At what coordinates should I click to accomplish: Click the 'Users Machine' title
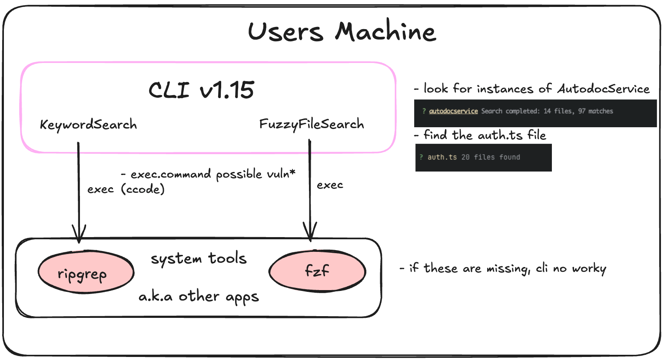pos(342,32)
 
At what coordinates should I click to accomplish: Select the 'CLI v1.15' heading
pos(201,90)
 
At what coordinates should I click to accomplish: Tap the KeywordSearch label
pos(88,125)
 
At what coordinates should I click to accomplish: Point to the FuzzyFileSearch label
pos(312,125)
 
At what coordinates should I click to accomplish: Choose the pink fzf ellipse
pos(317,271)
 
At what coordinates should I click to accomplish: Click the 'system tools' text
pos(199,259)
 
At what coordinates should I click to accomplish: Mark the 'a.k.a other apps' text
pos(199,297)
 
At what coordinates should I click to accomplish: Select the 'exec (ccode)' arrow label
pos(126,189)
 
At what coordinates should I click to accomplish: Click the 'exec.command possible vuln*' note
pos(209,174)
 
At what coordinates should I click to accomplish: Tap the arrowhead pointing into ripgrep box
pos(79,234)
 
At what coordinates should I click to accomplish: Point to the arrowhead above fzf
pos(310,232)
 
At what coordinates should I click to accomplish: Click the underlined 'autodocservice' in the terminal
pos(453,111)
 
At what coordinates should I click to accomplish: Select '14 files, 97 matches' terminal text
pos(578,111)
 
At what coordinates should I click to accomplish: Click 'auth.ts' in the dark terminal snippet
pos(442,157)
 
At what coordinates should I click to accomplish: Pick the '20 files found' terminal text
pos(491,157)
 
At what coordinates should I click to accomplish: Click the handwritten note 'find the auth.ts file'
pos(485,135)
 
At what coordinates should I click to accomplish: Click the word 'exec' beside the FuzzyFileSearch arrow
pos(330,185)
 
